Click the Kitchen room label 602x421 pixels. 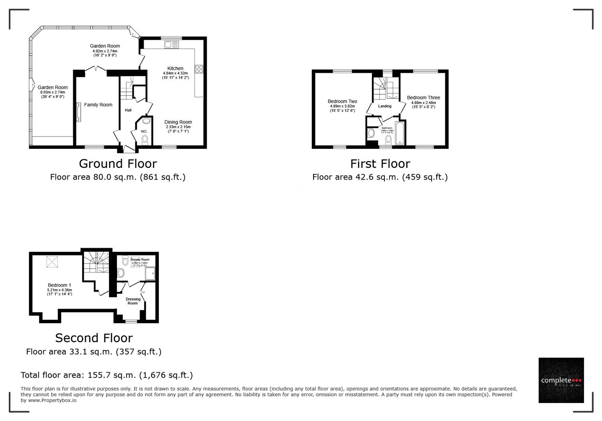tap(175, 69)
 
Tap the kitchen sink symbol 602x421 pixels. tap(171, 45)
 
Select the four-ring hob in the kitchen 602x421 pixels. tap(199, 69)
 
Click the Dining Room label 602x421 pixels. tap(178, 122)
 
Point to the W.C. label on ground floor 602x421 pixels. tap(144, 131)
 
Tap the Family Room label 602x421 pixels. tap(98, 105)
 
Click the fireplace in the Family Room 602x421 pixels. tap(79, 112)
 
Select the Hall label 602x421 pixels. tap(128, 110)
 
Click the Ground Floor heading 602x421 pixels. tap(118, 163)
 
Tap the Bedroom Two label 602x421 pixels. tap(342, 101)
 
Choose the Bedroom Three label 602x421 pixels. tap(423, 98)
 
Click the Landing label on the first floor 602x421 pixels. tap(385, 106)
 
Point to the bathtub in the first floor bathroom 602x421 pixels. tap(400, 133)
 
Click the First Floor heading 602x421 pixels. tap(380, 163)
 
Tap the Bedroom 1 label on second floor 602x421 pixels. tap(59, 285)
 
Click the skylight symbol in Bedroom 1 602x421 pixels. tap(52, 262)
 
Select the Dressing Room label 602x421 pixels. tap(133, 301)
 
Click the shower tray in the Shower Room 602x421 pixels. tap(150, 273)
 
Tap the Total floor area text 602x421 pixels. tap(106, 375)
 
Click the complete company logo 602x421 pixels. tap(561, 380)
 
